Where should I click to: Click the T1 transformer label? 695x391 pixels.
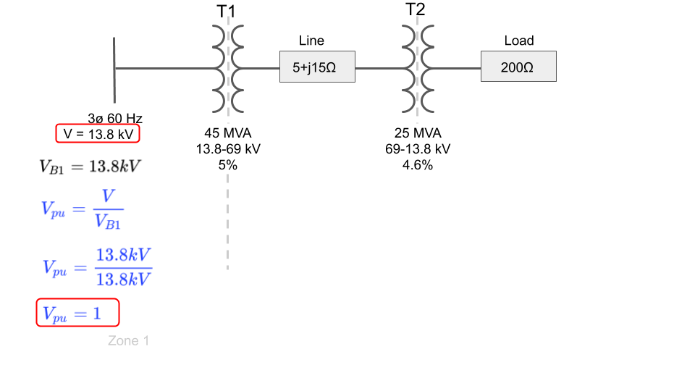point(226,11)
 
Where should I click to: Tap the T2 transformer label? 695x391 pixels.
point(416,9)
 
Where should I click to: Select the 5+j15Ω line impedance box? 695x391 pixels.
point(317,67)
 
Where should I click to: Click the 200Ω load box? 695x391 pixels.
point(518,67)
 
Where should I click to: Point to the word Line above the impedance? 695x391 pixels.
point(311,41)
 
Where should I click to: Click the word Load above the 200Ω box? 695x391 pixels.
point(519,41)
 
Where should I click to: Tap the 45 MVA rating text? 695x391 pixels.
point(228,133)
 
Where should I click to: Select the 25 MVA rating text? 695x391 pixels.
point(418,133)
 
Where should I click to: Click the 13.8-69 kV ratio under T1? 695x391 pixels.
point(228,149)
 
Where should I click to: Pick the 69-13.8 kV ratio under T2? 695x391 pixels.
point(418,149)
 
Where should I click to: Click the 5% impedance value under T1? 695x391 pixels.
point(228,165)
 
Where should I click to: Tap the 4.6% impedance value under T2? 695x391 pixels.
point(418,165)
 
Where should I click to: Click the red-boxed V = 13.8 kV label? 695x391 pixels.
point(98,133)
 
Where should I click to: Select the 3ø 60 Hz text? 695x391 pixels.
point(115,118)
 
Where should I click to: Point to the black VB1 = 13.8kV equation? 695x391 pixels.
point(90,167)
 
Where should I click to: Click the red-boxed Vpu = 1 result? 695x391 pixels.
point(78,313)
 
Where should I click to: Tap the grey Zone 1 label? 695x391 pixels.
point(129,340)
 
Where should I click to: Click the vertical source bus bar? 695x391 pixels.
point(114,70)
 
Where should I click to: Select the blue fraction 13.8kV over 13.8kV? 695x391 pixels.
point(124,267)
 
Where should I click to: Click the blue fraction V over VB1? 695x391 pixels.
point(108,209)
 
